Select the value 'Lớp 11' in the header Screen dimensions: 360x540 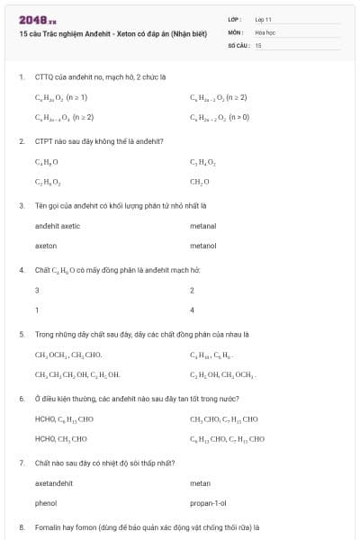pos(264,19)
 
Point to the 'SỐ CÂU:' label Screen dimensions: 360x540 pos(238,44)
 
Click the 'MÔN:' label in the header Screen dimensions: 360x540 pos(236,31)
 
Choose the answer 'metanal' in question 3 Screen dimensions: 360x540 pos(202,226)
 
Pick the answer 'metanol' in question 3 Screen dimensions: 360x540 pos(202,245)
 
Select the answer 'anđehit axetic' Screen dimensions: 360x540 pos(58,226)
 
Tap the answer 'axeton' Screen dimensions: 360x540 pos(45,245)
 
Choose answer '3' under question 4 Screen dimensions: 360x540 pos(37,291)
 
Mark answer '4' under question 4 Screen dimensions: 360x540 pos(192,310)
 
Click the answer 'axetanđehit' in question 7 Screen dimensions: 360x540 pos(53,482)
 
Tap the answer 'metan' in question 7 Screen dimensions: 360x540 pos(200,482)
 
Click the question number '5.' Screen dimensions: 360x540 pos(21,334)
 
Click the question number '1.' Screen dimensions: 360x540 pos(21,76)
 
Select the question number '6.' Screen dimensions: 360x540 pos(21,397)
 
